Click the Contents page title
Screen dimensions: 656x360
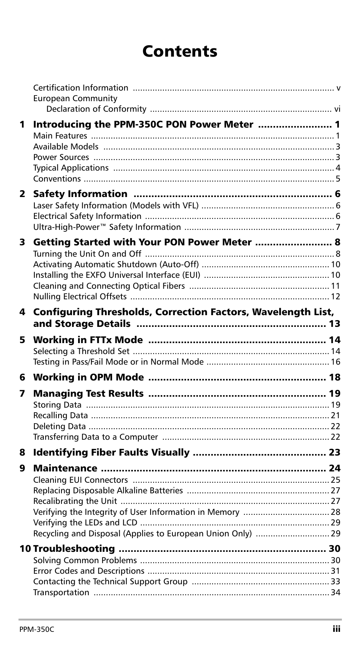click(x=180, y=51)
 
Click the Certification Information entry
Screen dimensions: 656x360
click(x=81, y=88)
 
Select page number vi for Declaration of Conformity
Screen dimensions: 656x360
click(x=337, y=109)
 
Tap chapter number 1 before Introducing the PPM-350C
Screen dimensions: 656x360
click(x=23, y=125)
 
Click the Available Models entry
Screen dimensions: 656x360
click(x=66, y=147)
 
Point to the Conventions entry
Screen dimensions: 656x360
click(x=57, y=179)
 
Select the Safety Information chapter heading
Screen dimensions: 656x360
click(x=80, y=194)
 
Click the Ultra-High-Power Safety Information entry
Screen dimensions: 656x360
click(x=107, y=227)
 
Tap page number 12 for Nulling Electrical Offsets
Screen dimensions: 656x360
click(x=335, y=297)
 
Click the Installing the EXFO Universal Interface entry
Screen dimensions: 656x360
click(x=117, y=275)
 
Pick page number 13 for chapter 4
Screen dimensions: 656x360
click(x=334, y=324)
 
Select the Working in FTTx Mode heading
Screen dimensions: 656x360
click(x=88, y=340)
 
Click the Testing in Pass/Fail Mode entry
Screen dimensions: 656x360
click(x=118, y=362)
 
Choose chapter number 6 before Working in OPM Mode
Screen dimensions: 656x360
click(x=23, y=377)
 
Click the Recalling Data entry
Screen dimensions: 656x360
click(x=60, y=416)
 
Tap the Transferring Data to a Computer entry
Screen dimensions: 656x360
click(x=95, y=437)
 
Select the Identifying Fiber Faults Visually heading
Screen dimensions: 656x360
click(x=111, y=453)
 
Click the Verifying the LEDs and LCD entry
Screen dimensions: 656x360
click(x=85, y=523)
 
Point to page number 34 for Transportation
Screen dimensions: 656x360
click(x=335, y=593)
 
